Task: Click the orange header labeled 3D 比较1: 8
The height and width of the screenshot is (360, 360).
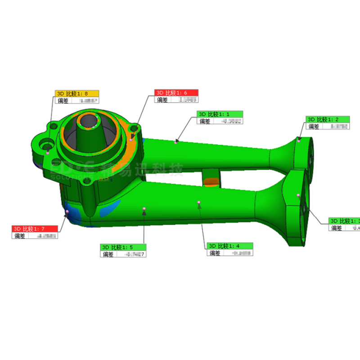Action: pos(76,94)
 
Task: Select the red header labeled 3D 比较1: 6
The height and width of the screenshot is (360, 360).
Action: pos(176,92)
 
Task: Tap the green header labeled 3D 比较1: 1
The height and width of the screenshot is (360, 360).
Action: pos(220,114)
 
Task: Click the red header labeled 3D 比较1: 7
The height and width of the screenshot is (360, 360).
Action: pos(35,229)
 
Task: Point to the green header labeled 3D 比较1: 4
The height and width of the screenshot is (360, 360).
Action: pos(230,246)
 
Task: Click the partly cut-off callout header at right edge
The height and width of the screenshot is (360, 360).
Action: pos(344,221)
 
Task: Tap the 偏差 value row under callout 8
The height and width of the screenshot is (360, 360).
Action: pos(76,101)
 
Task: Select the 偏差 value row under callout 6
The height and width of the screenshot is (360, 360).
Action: pos(176,99)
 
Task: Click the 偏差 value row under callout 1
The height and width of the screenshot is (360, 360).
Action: pos(220,121)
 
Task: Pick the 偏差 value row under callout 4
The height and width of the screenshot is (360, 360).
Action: pos(230,253)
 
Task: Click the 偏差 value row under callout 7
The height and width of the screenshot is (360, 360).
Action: pos(35,236)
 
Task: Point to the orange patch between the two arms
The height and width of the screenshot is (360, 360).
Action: pos(211,181)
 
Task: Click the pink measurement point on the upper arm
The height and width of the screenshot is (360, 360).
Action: pos(176,141)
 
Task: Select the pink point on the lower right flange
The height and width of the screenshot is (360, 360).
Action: pos(298,195)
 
